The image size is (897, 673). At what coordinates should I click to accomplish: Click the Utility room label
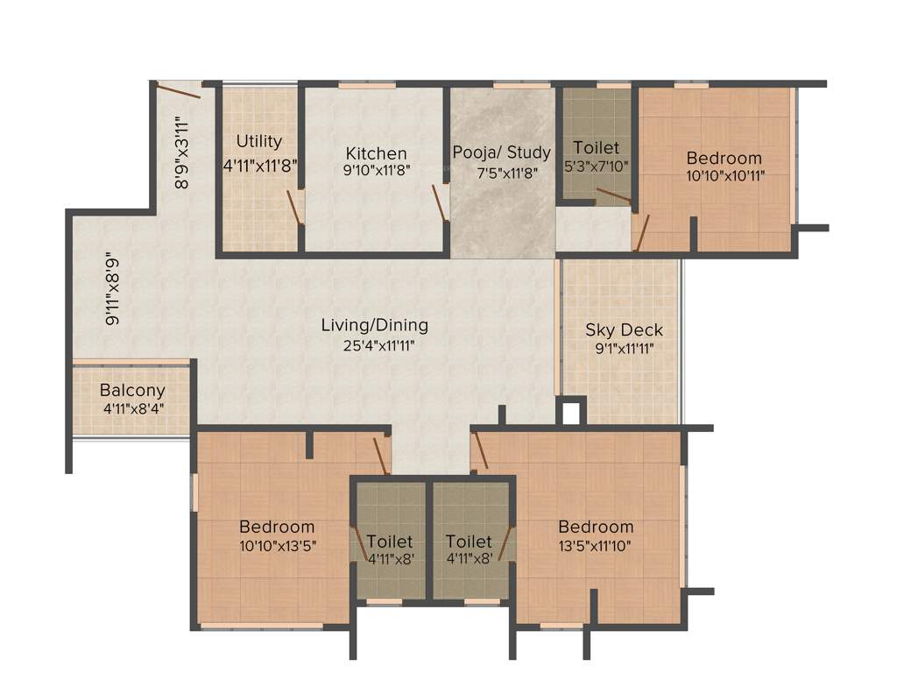(x=259, y=141)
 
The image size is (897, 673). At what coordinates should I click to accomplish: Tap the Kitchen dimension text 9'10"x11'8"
(x=376, y=171)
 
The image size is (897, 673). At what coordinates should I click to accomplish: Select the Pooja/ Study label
(x=502, y=152)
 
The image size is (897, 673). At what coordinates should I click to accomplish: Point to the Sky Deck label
(x=624, y=330)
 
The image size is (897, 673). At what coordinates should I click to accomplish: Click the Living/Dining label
(x=375, y=325)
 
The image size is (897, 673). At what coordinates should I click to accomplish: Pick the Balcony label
(x=132, y=391)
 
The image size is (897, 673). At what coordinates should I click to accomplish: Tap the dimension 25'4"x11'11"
(x=378, y=345)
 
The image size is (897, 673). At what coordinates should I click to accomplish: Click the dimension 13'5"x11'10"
(x=596, y=545)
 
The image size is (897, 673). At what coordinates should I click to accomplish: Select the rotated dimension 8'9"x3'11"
(x=182, y=152)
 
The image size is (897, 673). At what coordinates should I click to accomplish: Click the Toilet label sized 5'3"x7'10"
(x=596, y=148)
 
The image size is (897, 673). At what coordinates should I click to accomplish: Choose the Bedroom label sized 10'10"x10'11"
(x=724, y=159)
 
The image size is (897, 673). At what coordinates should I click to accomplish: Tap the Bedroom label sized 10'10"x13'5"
(x=277, y=527)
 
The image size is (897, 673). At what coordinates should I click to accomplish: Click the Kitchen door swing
(x=439, y=203)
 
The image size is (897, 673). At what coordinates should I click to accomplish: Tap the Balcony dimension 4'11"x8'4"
(x=132, y=408)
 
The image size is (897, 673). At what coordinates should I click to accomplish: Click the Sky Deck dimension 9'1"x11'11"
(x=624, y=348)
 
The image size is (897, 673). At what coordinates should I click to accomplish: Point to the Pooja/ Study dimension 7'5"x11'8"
(x=502, y=172)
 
